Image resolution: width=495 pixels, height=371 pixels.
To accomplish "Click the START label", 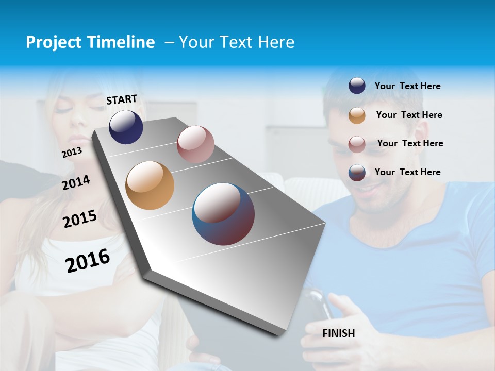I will (122, 99).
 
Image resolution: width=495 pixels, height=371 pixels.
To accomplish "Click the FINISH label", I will (339, 333).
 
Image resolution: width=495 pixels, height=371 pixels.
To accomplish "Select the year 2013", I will (72, 153).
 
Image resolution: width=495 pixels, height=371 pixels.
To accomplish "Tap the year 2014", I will (76, 182).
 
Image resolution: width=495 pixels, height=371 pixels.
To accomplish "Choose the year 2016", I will (88, 260).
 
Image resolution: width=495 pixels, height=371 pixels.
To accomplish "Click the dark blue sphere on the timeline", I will (126, 127).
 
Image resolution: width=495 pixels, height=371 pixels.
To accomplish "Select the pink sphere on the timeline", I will (195, 144).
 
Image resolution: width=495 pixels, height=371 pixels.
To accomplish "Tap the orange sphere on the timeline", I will (150, 185).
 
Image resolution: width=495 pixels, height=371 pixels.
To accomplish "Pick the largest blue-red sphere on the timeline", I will (223, 214).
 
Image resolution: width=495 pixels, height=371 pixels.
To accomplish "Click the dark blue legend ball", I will (357, 86).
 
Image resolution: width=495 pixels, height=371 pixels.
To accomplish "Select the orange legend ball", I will (357, 115).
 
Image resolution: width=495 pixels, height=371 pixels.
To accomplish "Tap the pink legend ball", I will (357, 144).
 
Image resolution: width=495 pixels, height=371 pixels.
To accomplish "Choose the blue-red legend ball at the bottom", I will (357, 173).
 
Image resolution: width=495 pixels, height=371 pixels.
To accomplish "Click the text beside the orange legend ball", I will (409, 115).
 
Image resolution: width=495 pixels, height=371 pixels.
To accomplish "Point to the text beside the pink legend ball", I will (410, 143).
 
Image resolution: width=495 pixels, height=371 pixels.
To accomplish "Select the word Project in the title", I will (53, 42).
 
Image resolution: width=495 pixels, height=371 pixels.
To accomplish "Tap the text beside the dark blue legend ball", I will (407, 86).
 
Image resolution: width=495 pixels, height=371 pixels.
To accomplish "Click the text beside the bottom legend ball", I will (407, 172).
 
